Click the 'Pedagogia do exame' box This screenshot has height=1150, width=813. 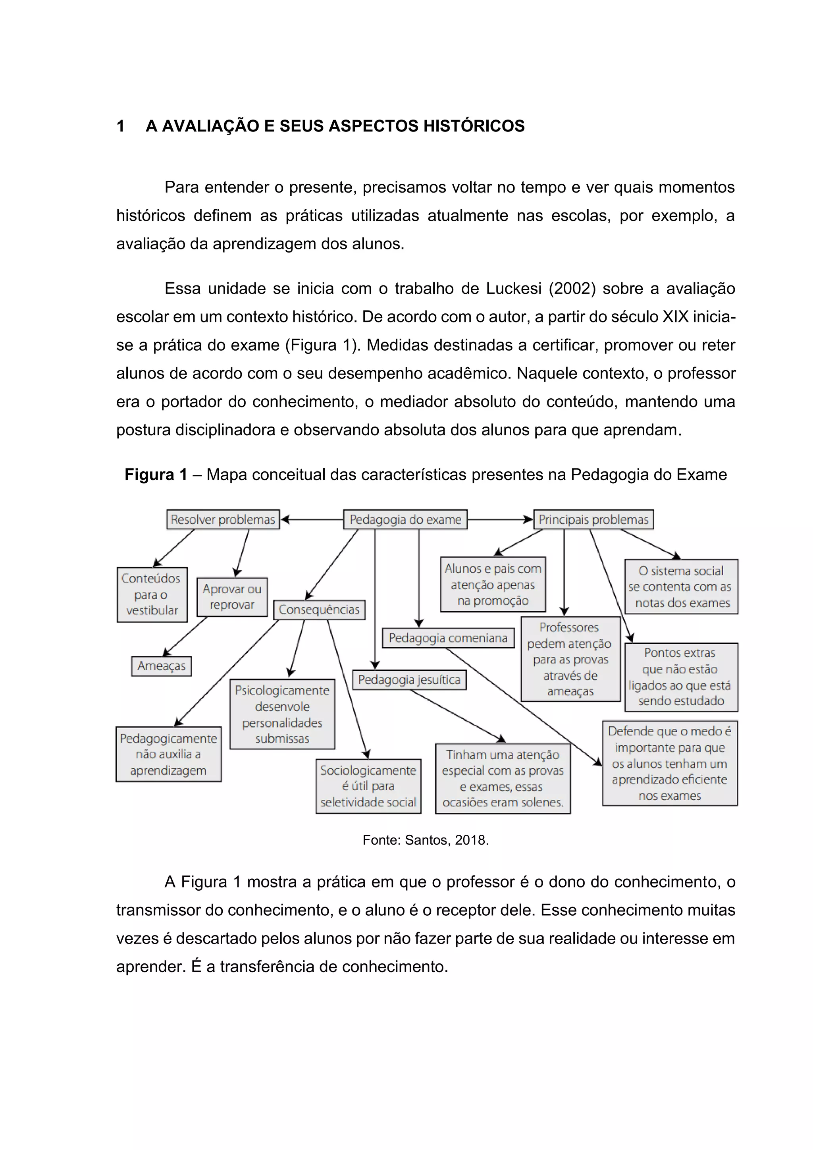click(405, 519)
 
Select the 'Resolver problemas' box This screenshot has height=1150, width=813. click(223, 519)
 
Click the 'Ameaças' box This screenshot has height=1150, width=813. click(161, 666)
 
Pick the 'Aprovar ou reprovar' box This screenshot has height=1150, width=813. click(232, 596)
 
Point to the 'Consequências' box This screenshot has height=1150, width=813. click(319, 610)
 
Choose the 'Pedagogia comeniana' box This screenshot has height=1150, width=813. click(448, 638)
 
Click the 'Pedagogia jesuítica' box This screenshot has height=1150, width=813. click(409, 680)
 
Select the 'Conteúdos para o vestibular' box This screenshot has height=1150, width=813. click(152, 594)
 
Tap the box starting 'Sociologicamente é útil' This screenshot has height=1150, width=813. click(368, 786)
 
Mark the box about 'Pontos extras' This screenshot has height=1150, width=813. click(680, 677)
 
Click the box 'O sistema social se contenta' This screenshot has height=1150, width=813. click(681, 587)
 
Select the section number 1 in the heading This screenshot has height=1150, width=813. click(121, 126)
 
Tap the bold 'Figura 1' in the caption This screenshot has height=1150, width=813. click(156, 474)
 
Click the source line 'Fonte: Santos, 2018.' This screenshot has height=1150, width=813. click(425, 840)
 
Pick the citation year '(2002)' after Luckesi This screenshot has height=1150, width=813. click(572, 289)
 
